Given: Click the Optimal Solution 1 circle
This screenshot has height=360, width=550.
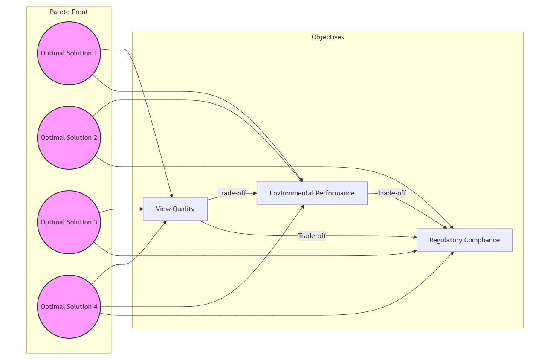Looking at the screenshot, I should coord(69,53).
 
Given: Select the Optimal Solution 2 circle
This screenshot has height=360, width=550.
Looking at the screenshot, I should coord(69,138).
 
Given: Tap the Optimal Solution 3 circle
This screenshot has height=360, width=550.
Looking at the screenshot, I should coord(69,222).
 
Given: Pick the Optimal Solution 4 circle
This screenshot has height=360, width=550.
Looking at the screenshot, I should coord(69,307).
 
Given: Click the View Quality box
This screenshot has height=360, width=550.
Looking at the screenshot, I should coord(175,209).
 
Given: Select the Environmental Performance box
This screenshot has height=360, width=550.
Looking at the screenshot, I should coord(312,193).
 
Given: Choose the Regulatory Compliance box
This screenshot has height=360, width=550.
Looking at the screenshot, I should coord(464,240).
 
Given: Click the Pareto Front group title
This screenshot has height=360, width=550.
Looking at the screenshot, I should coord(69,12).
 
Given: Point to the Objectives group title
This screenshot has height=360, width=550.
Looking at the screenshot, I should coord(327,37).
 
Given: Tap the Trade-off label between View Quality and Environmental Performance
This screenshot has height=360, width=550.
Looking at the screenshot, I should coord(232,193).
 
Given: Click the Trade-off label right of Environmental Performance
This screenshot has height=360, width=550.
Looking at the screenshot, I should coord(392,193).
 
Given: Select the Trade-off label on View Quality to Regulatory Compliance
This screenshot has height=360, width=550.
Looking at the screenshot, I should coord(312,236).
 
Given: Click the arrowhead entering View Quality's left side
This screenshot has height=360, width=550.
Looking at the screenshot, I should coord(141,209).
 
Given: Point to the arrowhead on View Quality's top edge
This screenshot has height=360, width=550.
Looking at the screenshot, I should coord(171,195).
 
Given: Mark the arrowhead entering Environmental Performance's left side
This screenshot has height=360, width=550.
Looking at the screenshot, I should coord(255,193).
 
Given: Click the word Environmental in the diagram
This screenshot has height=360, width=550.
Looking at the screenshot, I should coord(290,193).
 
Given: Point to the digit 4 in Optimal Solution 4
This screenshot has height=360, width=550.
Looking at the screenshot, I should coord(95,307).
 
